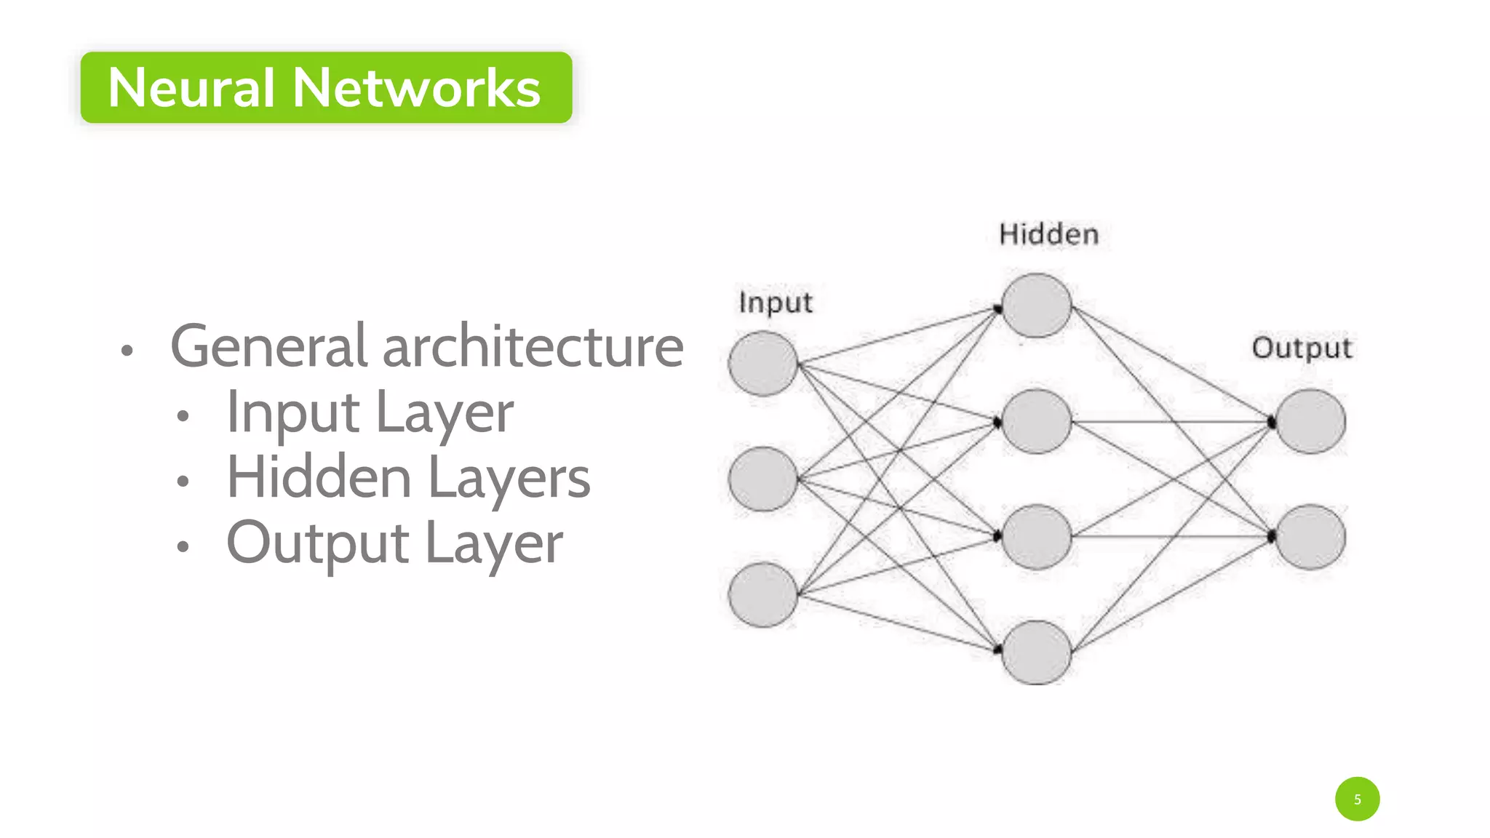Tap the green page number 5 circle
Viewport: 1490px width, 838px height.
[1357, 799]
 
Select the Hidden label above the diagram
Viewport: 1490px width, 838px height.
[1048, 234]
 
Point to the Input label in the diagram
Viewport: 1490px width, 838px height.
[776, 303]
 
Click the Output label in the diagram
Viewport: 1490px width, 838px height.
[1302, 348]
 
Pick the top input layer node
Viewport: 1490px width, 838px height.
[763, 364]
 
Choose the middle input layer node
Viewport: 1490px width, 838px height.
[763, 479]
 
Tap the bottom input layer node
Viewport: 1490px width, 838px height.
[763, 594]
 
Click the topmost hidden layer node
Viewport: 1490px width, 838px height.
[1036, 306]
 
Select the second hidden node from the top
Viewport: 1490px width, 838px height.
[1036, 421]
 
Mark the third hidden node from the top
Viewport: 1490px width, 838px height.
[1036, 537]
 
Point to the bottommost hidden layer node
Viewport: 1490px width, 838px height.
[1036, 653]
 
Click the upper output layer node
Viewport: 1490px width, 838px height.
[1310, 421]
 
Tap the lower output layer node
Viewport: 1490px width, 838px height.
[1310, 537]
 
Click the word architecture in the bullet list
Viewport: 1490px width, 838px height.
[533, 347]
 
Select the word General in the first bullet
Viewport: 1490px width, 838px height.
[268, 347]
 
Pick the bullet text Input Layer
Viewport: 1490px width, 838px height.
[370, 412]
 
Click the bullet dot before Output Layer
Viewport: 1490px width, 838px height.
[183, 546]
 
